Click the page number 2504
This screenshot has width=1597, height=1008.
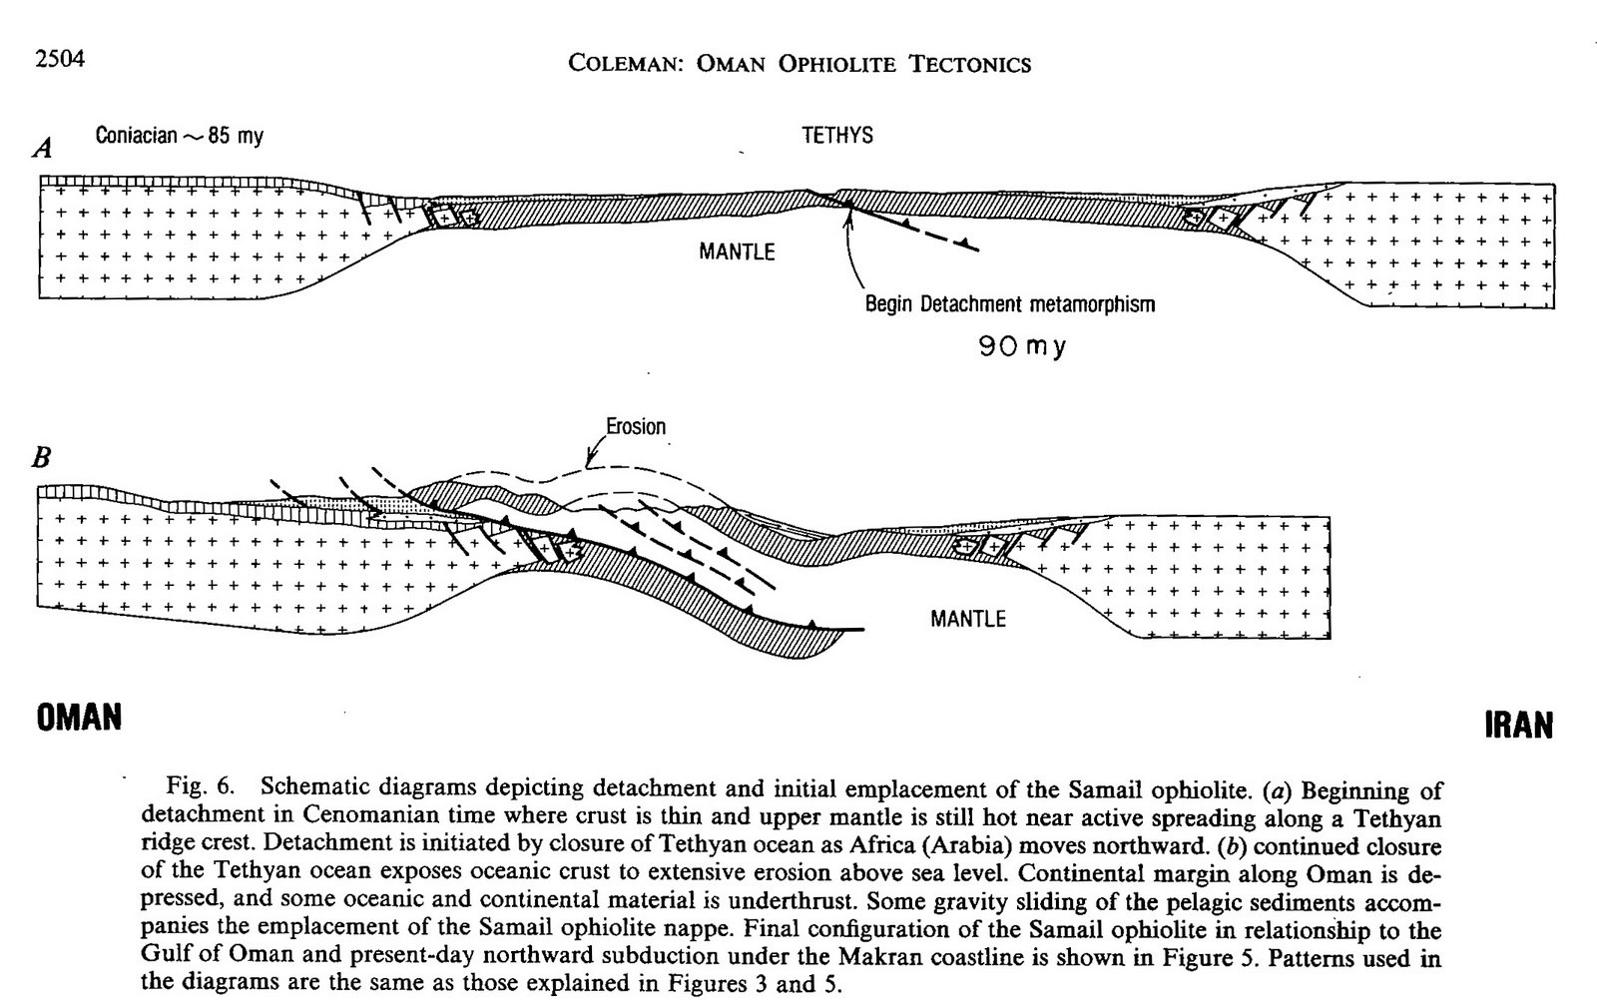pyautogui.click(x=60, y=59)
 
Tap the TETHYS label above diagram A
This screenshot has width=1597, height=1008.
pyautogui.click(x=837, y=136)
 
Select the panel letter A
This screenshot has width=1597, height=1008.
pyautogui.click(x=43, y=149)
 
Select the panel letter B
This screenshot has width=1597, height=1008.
pyautogui.click(x=42, y=458)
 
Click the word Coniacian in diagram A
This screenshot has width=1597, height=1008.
pyautogui.click(x=136, y=136)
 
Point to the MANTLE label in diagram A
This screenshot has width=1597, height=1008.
pyautogui.click(x=737, y=252)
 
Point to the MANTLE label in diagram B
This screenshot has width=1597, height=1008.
pyautogui.click(x=968, y=619)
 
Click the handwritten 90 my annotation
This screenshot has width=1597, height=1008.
pyautogui.click(x=1022, y=347)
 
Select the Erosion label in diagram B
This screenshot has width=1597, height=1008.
pyautogui.click(x=636, y=427)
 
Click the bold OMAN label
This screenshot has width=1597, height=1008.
pyautogui.click(x=80, y=718)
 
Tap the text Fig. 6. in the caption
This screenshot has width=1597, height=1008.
pyautogui.click(x=200, y=788)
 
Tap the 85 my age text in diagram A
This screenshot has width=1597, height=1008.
pyautogui.click(x=236, y=136)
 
